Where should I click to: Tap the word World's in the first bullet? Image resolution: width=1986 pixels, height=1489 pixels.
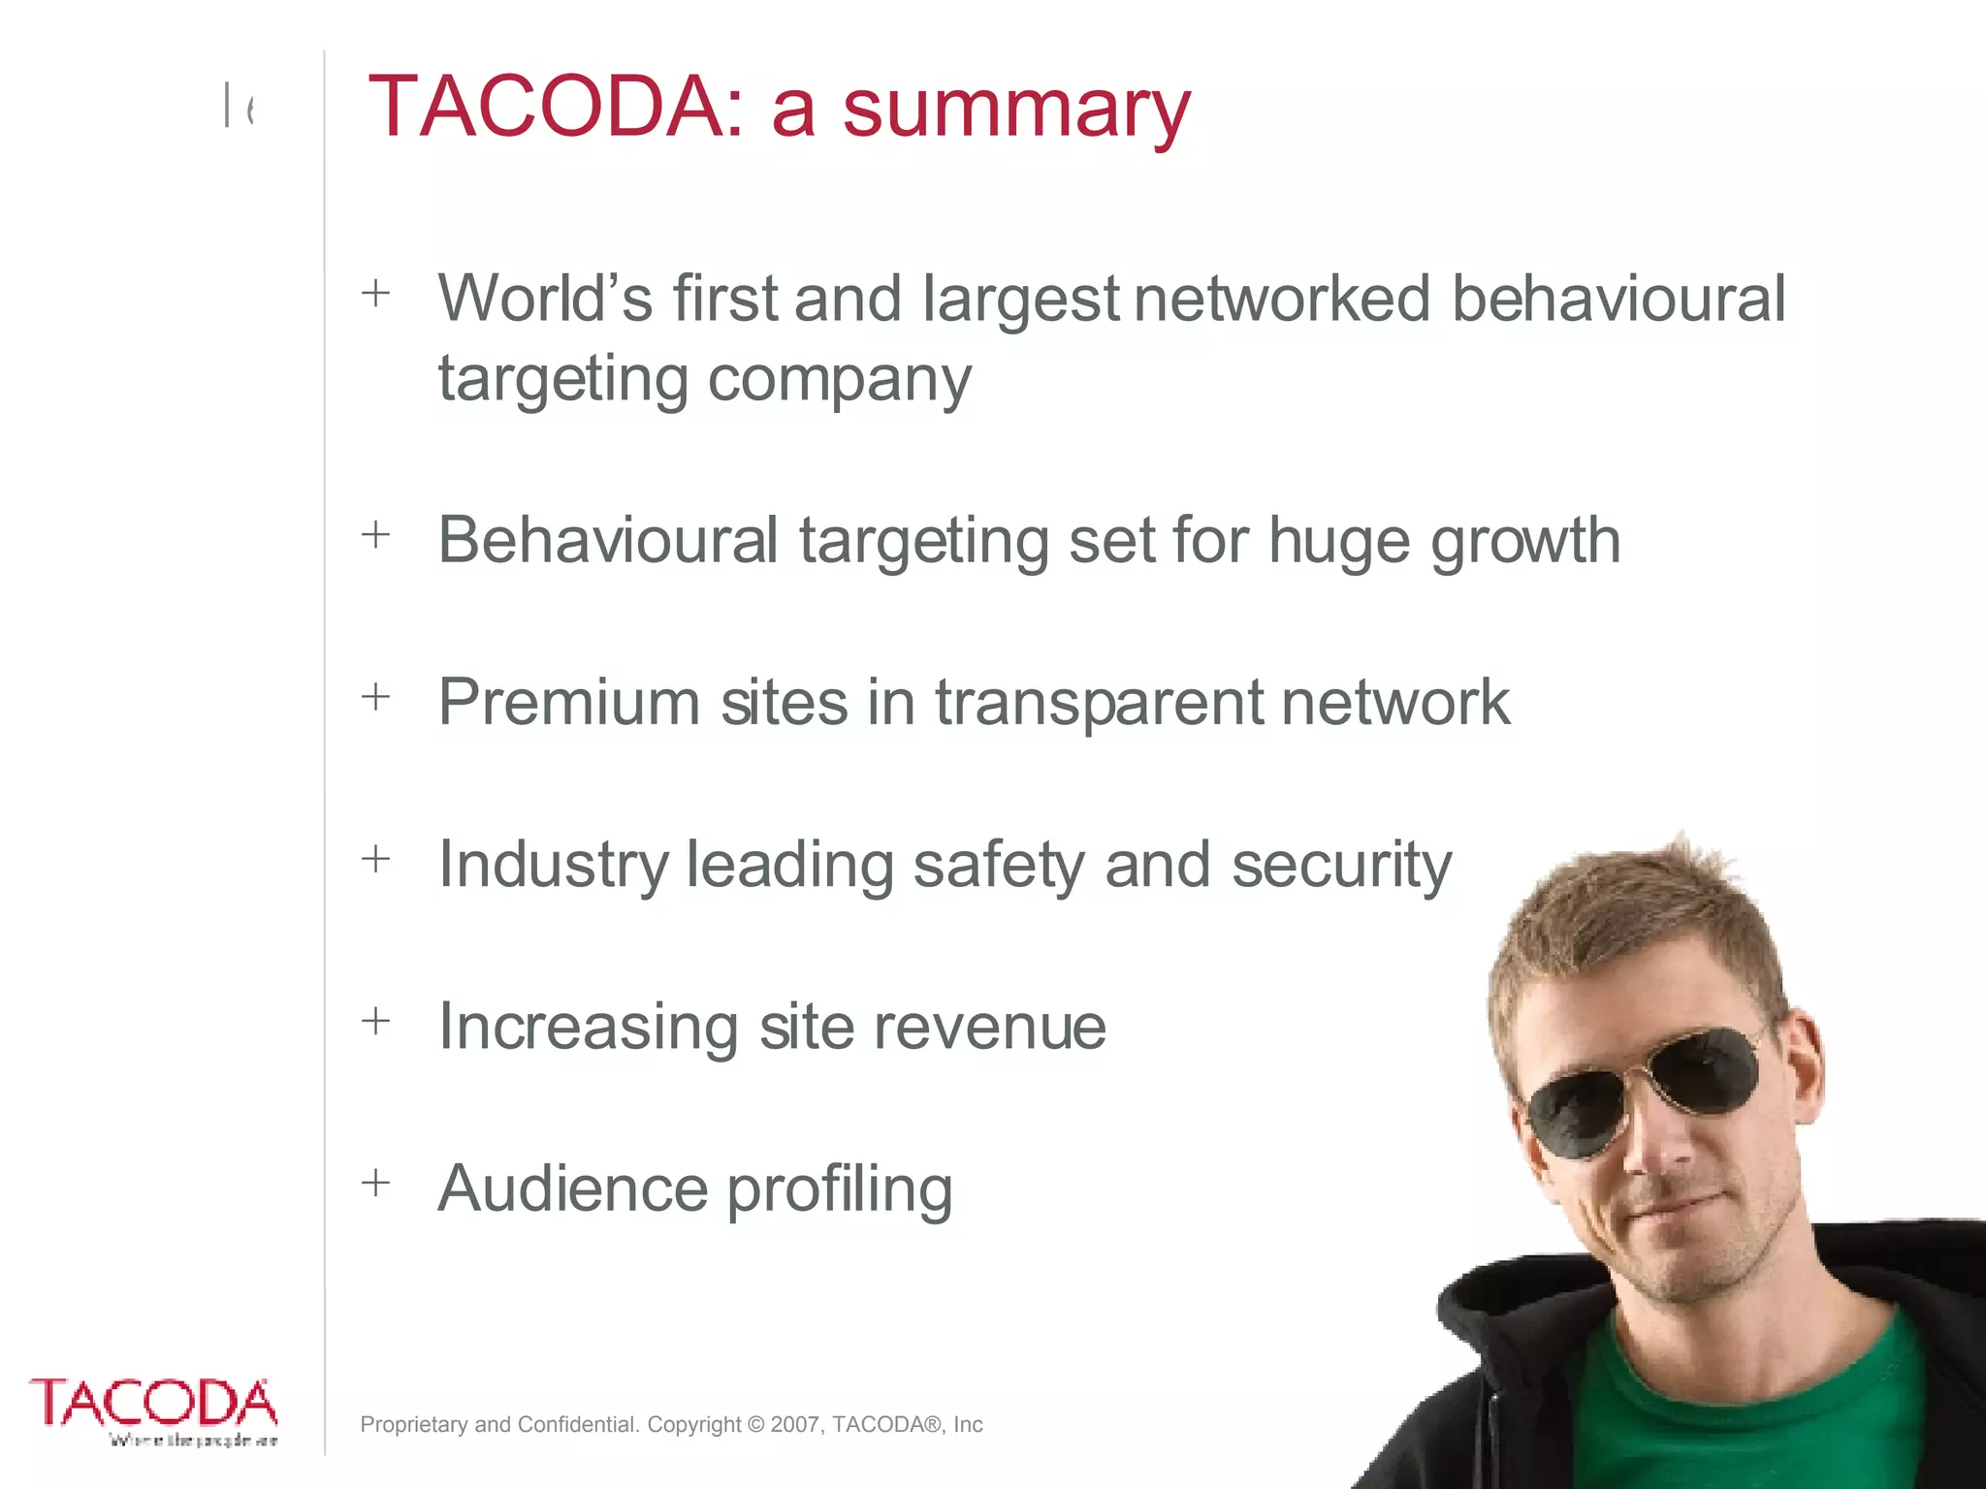click(545, 298)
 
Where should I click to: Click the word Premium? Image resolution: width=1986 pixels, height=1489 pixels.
click(568, 702)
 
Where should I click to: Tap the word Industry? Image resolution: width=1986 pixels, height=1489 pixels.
click(553, 866)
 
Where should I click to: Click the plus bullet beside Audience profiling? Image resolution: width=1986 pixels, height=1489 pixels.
click(375, 1183)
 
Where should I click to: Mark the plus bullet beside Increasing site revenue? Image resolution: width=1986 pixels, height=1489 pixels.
click(375, 1021)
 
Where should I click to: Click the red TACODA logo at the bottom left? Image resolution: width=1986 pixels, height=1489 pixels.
click(153, 1404)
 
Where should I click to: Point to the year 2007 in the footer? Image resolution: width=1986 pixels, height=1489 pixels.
click(794, 1424)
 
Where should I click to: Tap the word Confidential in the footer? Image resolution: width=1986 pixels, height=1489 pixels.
click(577, 1424)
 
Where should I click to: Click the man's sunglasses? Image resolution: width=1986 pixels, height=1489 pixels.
click(1649, 1091)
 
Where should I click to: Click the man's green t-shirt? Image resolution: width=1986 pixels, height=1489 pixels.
click(1746, 1406)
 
